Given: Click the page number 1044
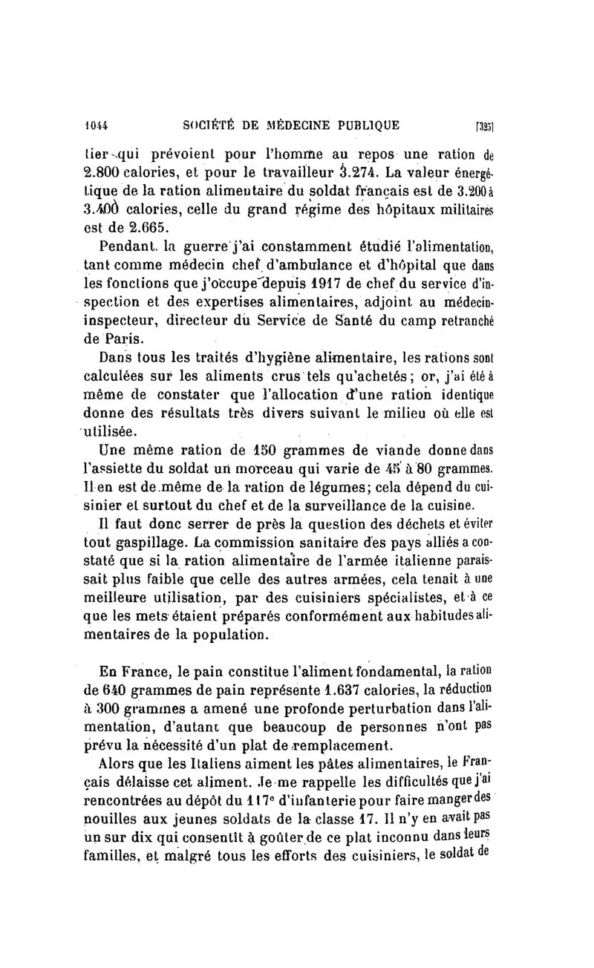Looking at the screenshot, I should click(x=97, y=125).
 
